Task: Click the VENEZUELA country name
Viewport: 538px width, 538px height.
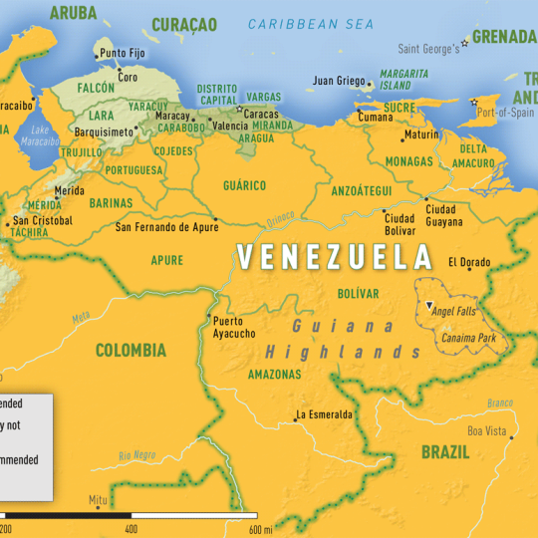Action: point(335,257)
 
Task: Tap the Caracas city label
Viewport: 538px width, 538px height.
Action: point(262,114)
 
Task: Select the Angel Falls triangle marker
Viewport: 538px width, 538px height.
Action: point(428,303)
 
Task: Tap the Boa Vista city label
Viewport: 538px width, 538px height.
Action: point(487,430)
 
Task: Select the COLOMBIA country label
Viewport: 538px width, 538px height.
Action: point(131,350)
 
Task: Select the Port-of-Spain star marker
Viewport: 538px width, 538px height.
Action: point(473,100)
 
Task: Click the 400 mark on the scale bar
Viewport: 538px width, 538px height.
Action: point(132,529)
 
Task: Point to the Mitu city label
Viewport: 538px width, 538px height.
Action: point(97,499)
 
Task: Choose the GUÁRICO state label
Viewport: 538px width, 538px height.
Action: point(244,185)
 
